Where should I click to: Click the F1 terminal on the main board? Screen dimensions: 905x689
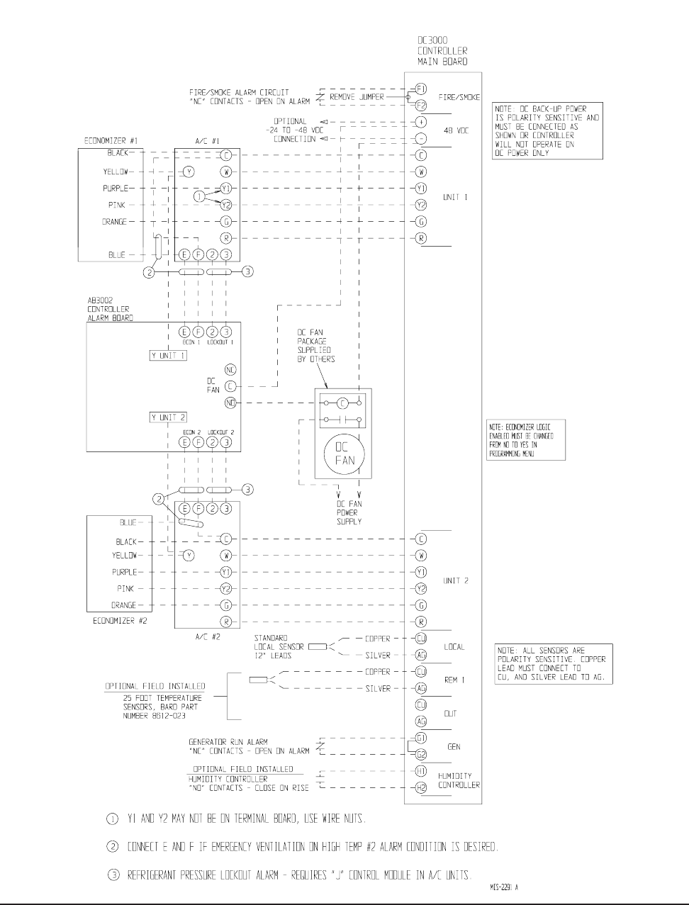point(420,89)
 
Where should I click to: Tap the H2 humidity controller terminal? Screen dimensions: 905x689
point(420,787)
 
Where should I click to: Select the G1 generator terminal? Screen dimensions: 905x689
point(420,738)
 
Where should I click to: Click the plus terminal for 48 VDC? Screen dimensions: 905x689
point(420,122)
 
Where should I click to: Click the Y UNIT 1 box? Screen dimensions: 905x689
point(168,355)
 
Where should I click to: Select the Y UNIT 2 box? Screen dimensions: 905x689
point(168,417)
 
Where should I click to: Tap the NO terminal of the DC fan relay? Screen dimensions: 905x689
point(230,403)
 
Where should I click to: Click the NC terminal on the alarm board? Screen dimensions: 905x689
point(230,370)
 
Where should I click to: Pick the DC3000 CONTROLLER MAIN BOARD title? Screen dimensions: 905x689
point(442,51)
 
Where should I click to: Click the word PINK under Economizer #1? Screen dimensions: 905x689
point(117,205)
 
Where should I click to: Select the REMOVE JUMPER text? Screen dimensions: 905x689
point(357,96)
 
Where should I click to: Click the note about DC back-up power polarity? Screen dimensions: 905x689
point(547,131)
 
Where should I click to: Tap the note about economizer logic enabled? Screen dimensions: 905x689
point(525,440)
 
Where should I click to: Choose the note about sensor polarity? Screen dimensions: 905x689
point(553,664)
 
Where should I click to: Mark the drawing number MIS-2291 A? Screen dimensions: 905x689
point(508,887)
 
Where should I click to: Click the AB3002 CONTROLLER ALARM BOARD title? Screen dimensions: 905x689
point(110,309)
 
